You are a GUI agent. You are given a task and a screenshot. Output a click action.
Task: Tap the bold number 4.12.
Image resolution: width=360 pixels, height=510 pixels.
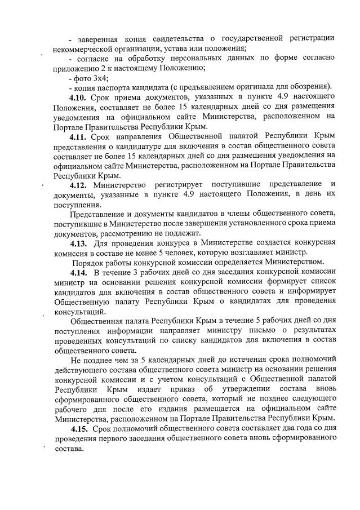(79, 184)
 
